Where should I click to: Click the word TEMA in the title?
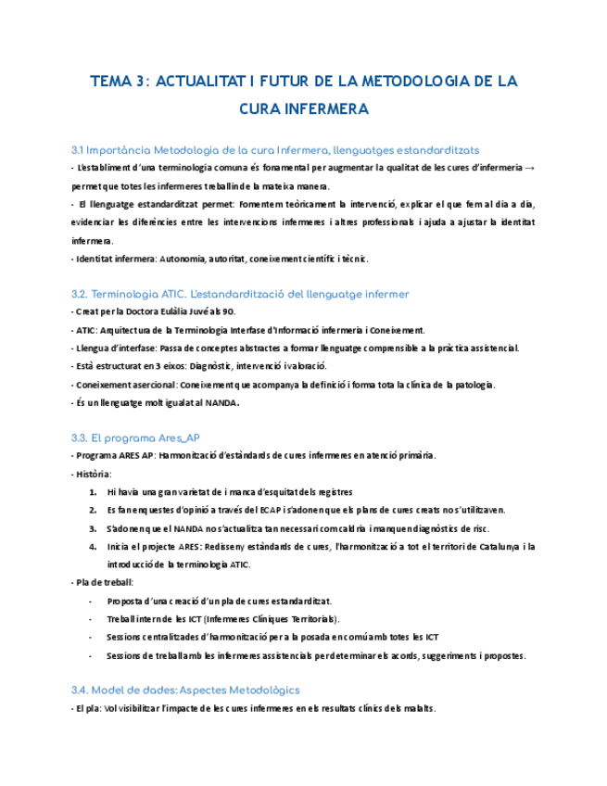click(x=110, y=82)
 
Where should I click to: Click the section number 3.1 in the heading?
click(x=78, y=149)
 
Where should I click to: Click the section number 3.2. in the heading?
click(x=80, y=294)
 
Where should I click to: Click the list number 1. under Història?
click(x=94, y=492)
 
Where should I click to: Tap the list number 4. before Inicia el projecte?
click(x=94, y=547)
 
